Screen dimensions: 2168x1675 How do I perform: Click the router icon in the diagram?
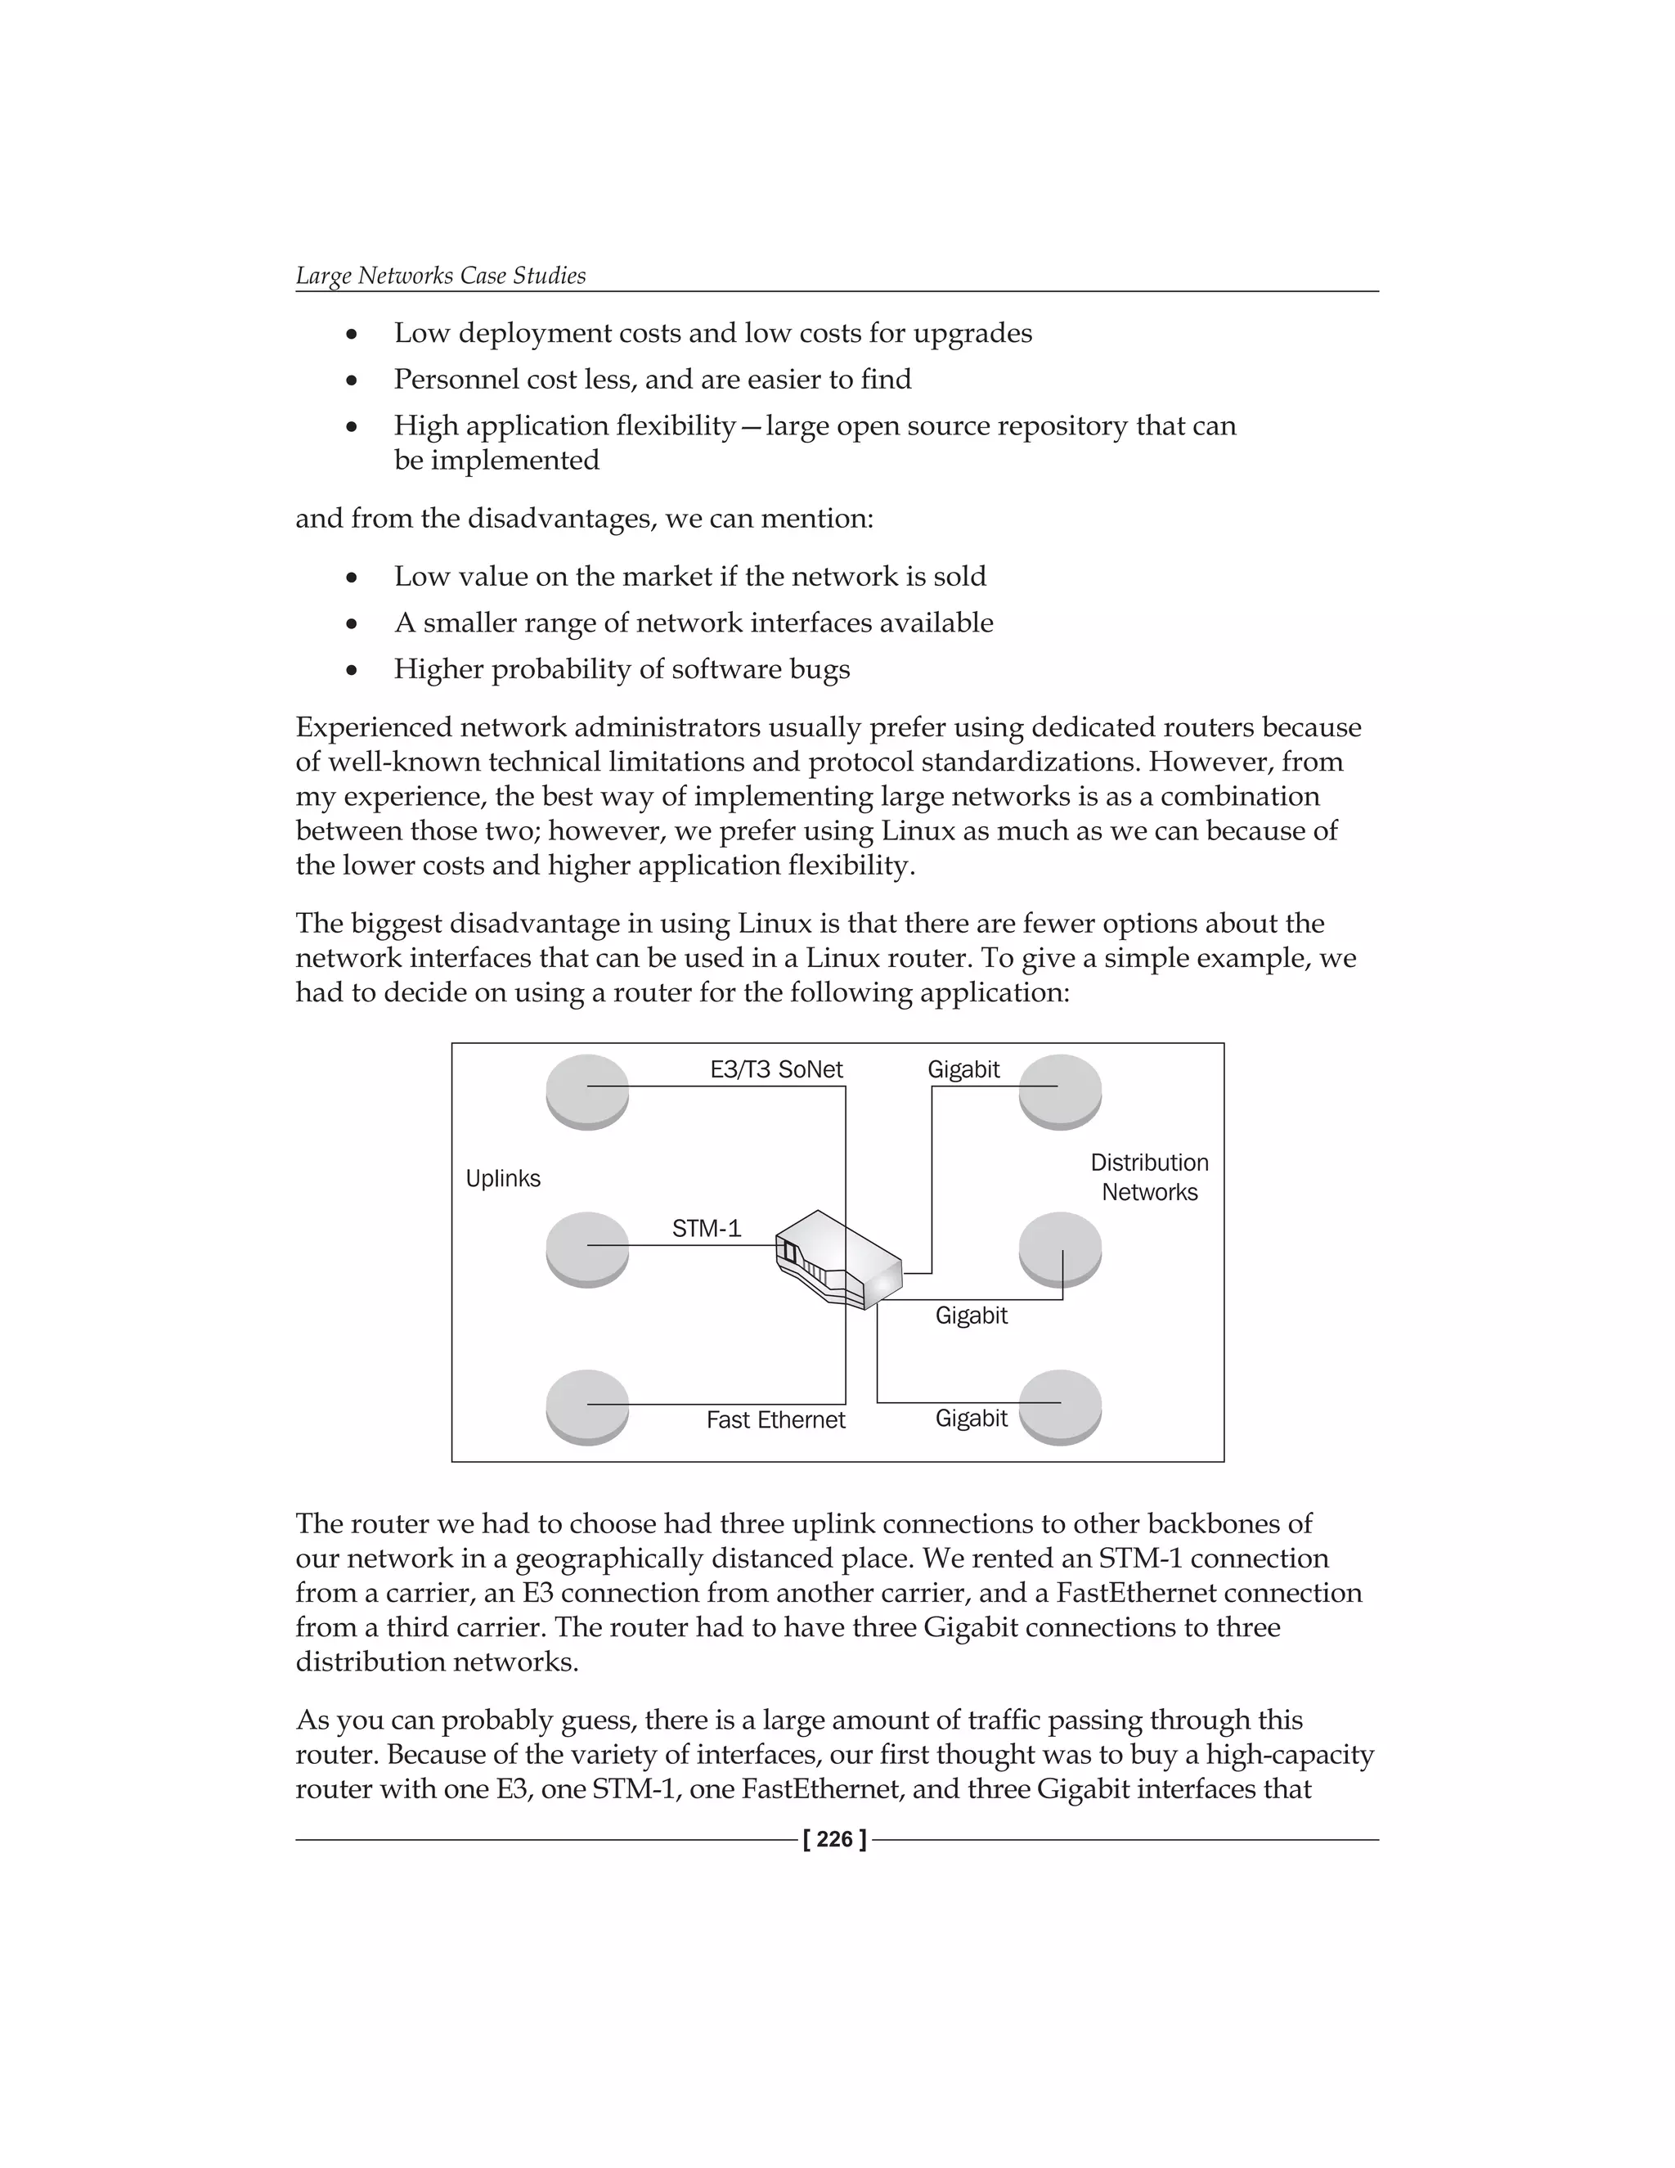pyautogui.click(x=837, y=1259)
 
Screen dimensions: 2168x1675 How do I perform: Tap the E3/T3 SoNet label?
pyautogui.click(x=776, y=1069)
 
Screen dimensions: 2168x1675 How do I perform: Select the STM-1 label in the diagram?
pyautogui.click(x=706, y=1228)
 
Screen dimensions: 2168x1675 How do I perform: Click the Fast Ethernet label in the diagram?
pyautogui.click(x=775, y=1419)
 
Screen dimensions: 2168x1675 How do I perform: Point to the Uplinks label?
pyautogui.click(x=503, y=1178)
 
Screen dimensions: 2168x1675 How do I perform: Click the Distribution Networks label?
pyautogui.click(x=1149, y=1177)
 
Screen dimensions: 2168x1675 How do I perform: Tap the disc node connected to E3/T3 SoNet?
pyautogui.click(x=587, y=1090)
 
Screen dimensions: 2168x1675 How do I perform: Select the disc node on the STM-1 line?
pyautogui.click(x=587, y=1248)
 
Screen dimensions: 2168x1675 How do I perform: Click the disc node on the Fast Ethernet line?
pyautogui.click(x=587, y=1406)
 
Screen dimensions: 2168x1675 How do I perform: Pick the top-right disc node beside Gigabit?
pyautogui.click(x=1060, y=1090)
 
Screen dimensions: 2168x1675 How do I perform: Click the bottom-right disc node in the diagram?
pyautogui.click(x=1060, y=1406)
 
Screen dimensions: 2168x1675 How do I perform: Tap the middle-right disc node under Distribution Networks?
pyautogui.click(x=1060, y=1248)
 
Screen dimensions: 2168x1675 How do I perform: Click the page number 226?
pyautogui.click(x=834, y=1839)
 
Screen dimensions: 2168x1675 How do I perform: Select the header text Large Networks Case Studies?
pyautogui.click(x=441, y=275)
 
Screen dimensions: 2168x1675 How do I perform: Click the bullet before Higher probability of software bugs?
pyautogui.click(x=351, y=671)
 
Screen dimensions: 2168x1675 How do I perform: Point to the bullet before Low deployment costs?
pyautogui.click(x=351, y=335)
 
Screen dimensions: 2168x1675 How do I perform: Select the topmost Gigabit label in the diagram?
pyautogui.click(x=963, y=1069)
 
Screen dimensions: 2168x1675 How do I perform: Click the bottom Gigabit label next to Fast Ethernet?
pyautogui.click(x=971, y=1418)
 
